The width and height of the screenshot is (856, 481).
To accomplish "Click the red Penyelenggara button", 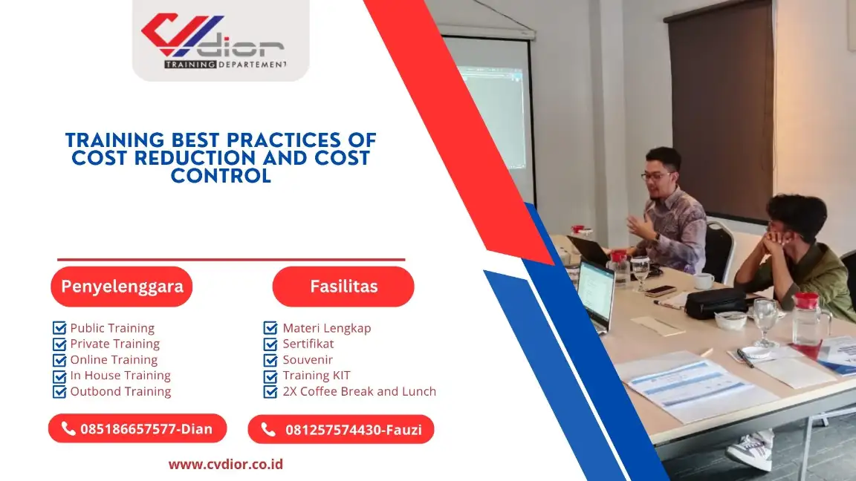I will (122, 287).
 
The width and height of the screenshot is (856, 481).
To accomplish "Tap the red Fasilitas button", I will (343, 287).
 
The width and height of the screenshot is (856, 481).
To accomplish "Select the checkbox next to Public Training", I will (59, 328).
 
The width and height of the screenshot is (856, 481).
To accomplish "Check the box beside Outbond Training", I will (59, 391).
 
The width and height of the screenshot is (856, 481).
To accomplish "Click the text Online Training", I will (114, 360).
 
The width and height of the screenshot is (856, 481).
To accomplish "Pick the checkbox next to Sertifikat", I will (270, 344).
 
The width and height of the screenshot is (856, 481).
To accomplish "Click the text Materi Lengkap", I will (326, 328).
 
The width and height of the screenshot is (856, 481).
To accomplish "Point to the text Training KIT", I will (316, 376).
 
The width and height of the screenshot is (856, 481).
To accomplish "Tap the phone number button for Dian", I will (137, 428).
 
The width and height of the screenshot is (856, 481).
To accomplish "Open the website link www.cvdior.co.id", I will (225, 465).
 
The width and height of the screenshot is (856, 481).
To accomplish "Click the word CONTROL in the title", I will (221, 177).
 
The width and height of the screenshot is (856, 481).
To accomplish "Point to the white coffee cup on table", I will (703, 281).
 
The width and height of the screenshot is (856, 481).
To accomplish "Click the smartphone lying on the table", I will (660, 291).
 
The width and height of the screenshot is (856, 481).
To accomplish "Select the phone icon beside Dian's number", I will (68, 428).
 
